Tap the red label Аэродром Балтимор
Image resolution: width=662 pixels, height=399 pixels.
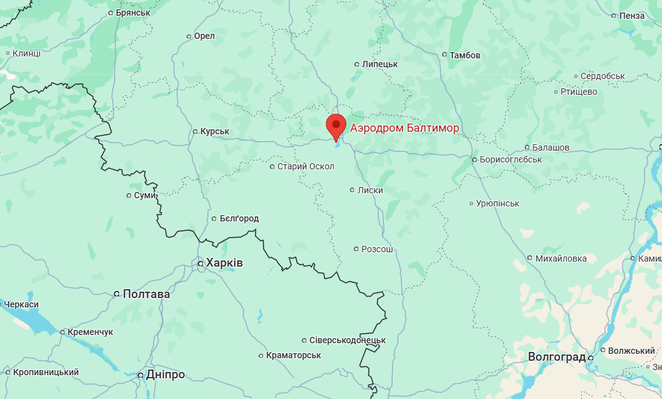405,128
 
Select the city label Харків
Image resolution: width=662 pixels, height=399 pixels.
225,263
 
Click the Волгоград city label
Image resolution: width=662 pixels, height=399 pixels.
556,357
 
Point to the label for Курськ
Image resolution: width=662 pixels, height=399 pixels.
215,131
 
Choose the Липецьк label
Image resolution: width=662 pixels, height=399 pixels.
380,64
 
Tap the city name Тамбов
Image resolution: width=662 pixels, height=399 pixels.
465,55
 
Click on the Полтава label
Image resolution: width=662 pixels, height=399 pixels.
147,294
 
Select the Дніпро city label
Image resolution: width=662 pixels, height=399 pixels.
165,375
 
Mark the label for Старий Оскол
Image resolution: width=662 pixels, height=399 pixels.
306,166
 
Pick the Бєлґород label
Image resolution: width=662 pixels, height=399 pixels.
239,218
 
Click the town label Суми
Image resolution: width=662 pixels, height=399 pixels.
145,195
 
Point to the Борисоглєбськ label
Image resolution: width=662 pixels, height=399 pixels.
510,159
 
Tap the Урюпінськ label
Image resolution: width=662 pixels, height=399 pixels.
498,203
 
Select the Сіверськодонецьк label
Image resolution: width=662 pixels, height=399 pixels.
348,340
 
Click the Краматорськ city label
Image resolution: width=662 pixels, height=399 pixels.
293,355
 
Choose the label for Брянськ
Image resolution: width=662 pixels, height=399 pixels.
133,13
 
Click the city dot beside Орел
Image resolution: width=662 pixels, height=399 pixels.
189,36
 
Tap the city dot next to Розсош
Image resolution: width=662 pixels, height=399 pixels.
356,249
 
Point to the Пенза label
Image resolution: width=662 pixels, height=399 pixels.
631,15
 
